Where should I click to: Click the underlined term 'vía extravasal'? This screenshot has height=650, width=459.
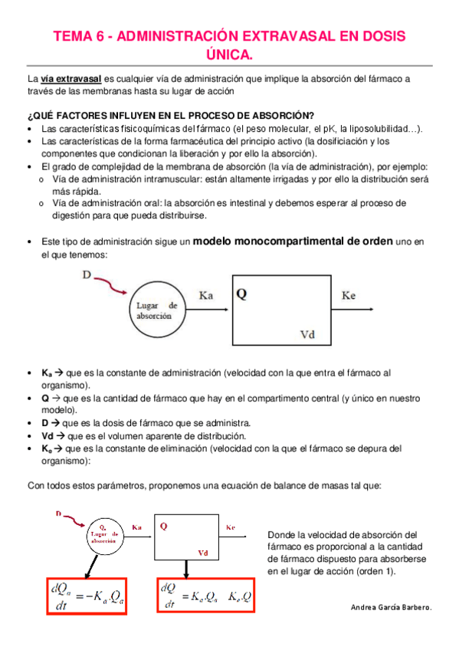[70, 78]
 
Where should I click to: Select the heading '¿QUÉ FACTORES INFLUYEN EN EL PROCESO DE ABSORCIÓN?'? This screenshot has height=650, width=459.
[170, 116]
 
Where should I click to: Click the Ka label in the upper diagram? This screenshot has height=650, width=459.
[206, 295]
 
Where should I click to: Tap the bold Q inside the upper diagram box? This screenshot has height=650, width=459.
[241, 294]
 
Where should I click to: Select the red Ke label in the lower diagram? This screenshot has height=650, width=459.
[231, 528]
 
